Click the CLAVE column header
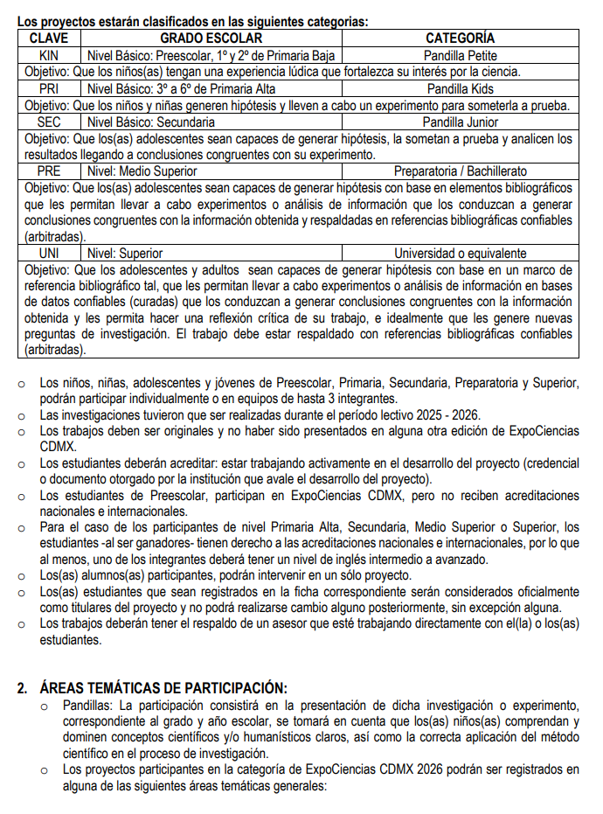49,38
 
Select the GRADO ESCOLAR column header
211,38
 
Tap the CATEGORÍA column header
460,38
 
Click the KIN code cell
49,55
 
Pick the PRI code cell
49,88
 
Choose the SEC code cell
49,122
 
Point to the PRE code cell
49,171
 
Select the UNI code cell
49,254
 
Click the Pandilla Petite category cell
460,55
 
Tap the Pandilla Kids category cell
460,88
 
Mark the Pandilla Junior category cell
460,122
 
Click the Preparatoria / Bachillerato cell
460,171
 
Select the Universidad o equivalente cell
460,254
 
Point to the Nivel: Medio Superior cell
142,171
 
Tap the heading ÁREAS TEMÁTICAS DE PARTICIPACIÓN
163,687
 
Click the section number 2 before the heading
24,687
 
